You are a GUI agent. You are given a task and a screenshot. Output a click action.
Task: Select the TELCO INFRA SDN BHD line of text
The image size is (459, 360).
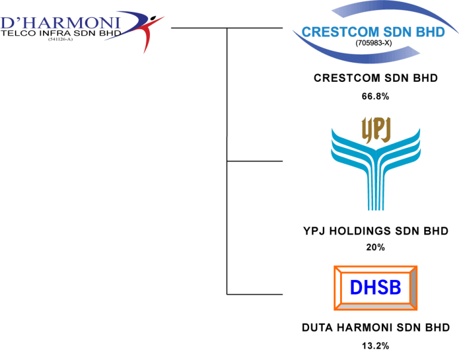60,35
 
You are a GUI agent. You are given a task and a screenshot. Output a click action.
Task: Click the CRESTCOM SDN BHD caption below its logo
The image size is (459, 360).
376,78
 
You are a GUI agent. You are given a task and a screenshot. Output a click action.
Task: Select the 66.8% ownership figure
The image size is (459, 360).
375,96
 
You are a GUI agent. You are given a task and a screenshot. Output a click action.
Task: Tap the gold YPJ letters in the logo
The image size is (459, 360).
375,129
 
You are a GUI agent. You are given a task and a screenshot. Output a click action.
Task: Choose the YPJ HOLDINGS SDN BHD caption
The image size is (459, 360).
375,231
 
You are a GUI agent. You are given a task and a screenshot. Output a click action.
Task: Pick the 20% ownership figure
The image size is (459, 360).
375,247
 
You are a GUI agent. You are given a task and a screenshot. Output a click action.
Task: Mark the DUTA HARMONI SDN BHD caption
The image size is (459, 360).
375,328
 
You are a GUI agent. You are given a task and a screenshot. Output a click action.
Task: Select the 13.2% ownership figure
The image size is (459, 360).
375,345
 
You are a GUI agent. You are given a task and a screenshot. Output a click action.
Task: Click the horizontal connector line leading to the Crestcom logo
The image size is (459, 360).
257,28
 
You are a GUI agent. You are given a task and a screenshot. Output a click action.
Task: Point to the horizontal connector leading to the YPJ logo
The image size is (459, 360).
257,160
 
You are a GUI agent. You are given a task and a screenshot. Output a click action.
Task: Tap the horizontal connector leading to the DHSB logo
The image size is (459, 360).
257,294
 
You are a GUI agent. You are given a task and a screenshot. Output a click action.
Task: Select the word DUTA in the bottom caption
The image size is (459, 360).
317,328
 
